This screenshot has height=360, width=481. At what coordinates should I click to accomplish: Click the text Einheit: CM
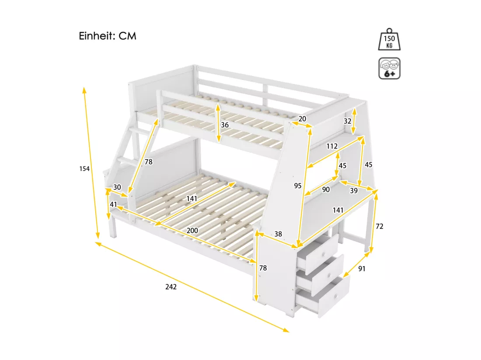(x=108, y=36)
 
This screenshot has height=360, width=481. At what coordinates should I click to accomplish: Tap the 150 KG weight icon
(x=389, y=39)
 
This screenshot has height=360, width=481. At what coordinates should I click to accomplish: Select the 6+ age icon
(x=389, y=68)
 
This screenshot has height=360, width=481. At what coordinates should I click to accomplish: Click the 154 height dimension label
(x=84, y=169)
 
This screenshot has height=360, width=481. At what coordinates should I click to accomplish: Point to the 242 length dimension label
(x=171, y=287)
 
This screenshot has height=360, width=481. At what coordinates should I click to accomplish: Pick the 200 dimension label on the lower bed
(x=192, y=230)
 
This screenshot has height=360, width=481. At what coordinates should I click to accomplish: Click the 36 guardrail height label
(x=225, y=125)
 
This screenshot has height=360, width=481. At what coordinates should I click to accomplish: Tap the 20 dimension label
(x=302, y=119)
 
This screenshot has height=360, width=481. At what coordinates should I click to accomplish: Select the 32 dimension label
(x=347, y=121)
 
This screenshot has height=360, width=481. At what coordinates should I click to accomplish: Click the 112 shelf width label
(x=332, y=146)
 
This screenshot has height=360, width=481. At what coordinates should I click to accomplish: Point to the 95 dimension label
(x=297, y=186)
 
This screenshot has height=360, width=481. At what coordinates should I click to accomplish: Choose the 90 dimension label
(x=326, y=190)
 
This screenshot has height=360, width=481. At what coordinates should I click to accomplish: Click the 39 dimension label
(x=354, y=190)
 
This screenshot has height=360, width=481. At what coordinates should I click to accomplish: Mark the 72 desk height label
(x=380, y=226)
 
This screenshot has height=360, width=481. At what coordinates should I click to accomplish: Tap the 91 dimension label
(x=362, y=269)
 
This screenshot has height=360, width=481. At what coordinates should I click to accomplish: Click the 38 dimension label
(x=278, y=234)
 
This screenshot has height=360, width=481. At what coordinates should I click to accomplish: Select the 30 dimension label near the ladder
(x=117, y=187)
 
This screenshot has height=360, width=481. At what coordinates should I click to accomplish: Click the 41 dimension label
(x=114, y=204)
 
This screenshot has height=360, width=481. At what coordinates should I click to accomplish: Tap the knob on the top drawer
(x=324, y=254)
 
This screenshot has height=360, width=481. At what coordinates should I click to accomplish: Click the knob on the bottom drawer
(x=336, y=297)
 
